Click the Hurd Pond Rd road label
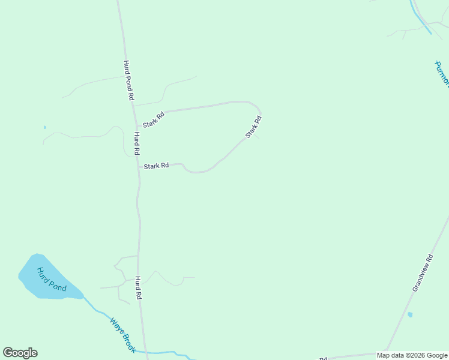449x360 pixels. (x=128, y=80)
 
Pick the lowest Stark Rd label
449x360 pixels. (x=156, y=166)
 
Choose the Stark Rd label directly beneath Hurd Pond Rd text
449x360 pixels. (x=154, y=118)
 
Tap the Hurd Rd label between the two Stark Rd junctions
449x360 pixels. (x=137, y=144)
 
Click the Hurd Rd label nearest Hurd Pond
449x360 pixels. (x=138, y=288)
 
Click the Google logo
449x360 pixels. (x=20, y=353)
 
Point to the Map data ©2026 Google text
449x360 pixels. (x=412, y=355)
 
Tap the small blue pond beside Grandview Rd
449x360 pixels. (x=410, y=314)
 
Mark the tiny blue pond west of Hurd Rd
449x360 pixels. (x=44, y=127)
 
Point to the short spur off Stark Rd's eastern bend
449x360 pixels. (x=256, y=136)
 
